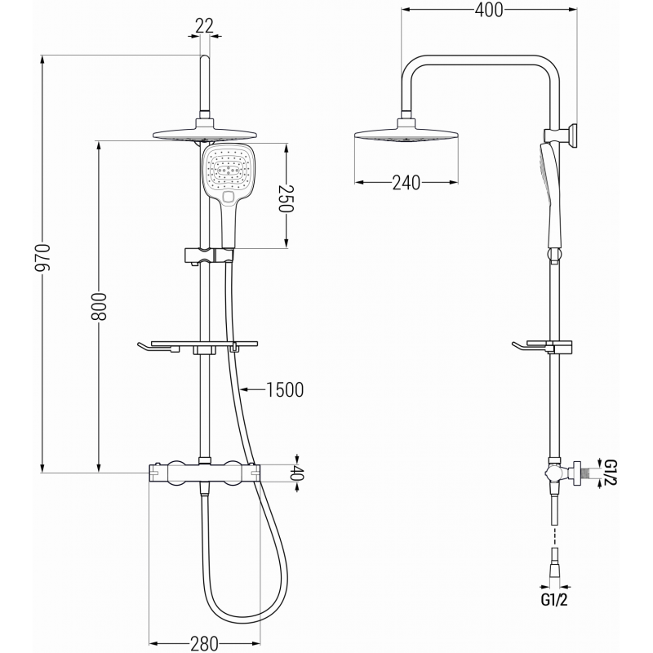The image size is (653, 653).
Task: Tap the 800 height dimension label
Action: pyautogui.click(x=100, y=307)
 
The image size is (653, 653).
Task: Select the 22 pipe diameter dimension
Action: pyautogui.click(x=204, y=25)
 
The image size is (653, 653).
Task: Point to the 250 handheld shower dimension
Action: pyautogui.click(x=285, y=197)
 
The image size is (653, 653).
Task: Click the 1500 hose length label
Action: pyautogui.click(x=285, y=390)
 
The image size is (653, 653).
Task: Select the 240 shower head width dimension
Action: pyautogui.click(x=406, y=183)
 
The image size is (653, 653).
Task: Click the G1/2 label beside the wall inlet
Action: pyautogui.click(x=608, y=473)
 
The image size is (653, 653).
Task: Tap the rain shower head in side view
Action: pyautogui.click(x=406, y=135)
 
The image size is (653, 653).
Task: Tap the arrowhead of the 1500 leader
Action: pyautogui.click(x=244, y=390)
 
